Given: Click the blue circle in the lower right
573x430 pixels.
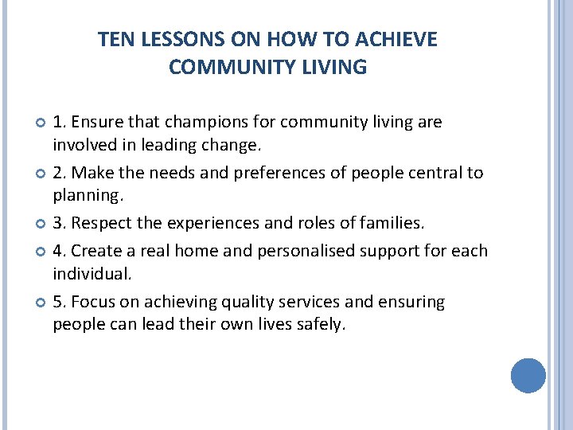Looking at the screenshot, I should click(528, 375).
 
